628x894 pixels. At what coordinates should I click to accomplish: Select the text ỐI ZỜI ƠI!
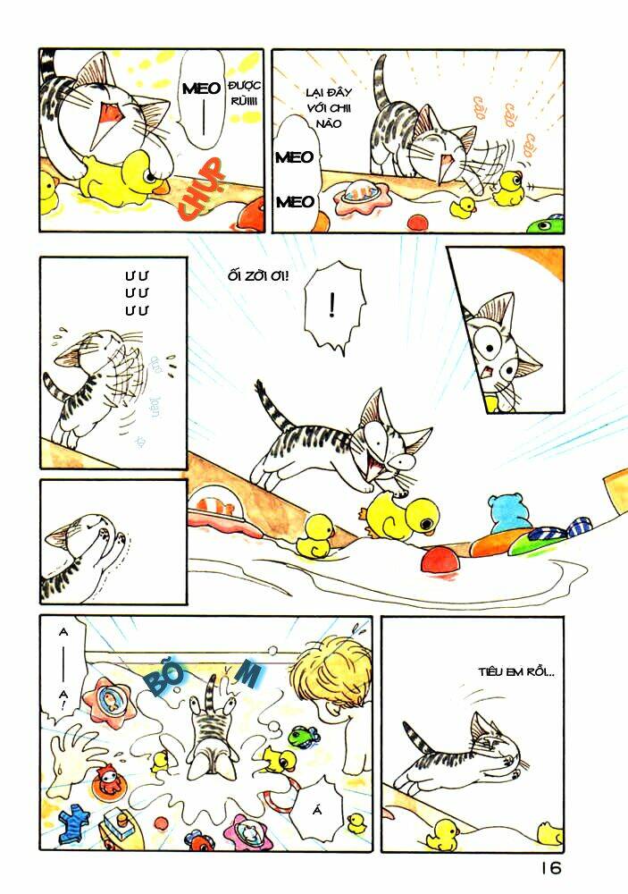pos(259,275)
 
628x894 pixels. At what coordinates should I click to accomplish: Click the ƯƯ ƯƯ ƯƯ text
pos(137,292)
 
